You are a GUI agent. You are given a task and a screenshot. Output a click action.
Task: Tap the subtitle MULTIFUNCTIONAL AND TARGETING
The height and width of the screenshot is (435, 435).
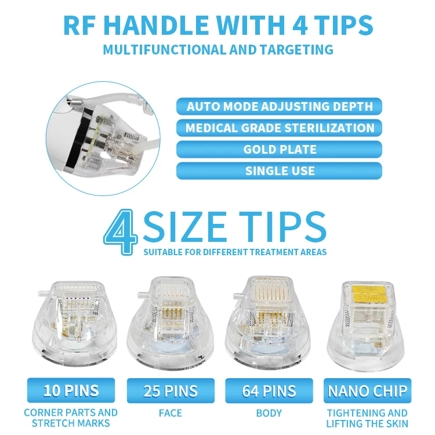(217, 49)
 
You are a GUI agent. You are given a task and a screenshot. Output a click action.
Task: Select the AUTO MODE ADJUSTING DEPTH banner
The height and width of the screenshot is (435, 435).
(279, 106)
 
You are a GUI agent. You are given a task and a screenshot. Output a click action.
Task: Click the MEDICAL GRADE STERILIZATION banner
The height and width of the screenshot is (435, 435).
(279, 128)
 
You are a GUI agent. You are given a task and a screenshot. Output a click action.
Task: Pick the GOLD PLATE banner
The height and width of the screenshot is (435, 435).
(279, 149)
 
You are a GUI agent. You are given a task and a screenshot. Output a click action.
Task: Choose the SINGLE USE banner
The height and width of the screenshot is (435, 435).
(279, 171)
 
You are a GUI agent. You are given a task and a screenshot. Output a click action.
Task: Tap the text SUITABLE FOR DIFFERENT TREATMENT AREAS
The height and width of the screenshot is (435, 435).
(235, 252)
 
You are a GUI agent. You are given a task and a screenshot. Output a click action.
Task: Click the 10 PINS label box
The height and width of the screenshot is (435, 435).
(71, 390)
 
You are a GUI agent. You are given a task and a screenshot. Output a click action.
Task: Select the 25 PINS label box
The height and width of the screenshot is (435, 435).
(169, 390)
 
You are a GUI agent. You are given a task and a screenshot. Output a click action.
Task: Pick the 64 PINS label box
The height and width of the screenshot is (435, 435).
(269, 390)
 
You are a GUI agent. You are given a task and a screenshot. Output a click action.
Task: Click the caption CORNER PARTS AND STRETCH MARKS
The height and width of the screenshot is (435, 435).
(71, 418)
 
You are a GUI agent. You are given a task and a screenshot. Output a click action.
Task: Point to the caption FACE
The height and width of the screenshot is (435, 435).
(169, 413)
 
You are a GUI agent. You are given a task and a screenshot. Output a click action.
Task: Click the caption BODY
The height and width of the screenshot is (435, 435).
(269, 413)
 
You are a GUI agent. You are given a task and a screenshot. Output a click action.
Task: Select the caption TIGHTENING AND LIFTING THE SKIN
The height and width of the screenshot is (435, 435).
(368, 418)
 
